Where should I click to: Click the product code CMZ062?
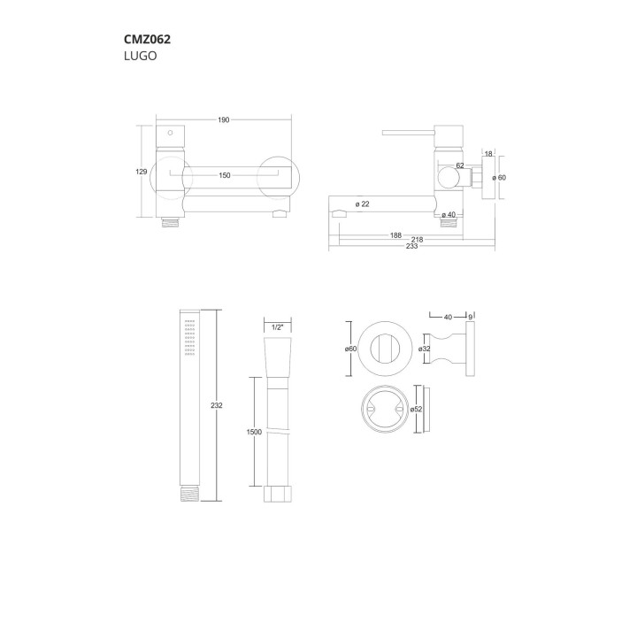click(x=147, y=40)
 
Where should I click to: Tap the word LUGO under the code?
click(x=140, y=56)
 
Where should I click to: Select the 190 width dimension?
click(x=224, y=119)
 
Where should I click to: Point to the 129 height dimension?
click(x=141, y=172)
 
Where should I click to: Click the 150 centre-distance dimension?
click(x=224, y=175)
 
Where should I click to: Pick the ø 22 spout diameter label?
click(x=363, y=204)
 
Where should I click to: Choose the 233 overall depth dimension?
click(x=411, y=246)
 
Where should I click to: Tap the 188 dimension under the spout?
click(x=395, y=235)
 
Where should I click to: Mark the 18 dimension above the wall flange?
click(x=488, y=154)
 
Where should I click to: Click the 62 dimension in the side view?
click(x=460, y=165)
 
